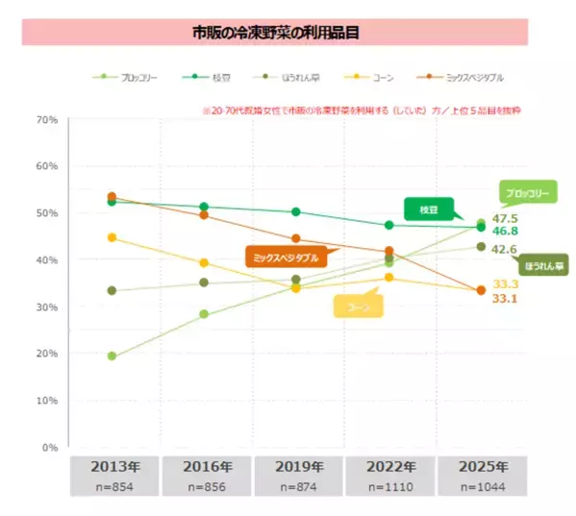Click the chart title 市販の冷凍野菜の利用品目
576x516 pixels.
pyautogui.click(x=275, y=32)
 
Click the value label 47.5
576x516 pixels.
pyautogui.click(x=506, y=218)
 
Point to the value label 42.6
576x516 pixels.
pyautogui.click(x=506, y=249)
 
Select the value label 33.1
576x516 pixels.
pyautogui.click(x=506, y=299)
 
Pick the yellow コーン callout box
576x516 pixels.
pyautogui.click(x=359, y=306)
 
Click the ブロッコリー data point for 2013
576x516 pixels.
pyautogui.click(x=113, y=356)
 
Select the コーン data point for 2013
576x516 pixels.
pyautogui.click(x=113, y=237)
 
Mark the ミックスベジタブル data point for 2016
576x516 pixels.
pyautogui.click(x=204, y=215)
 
